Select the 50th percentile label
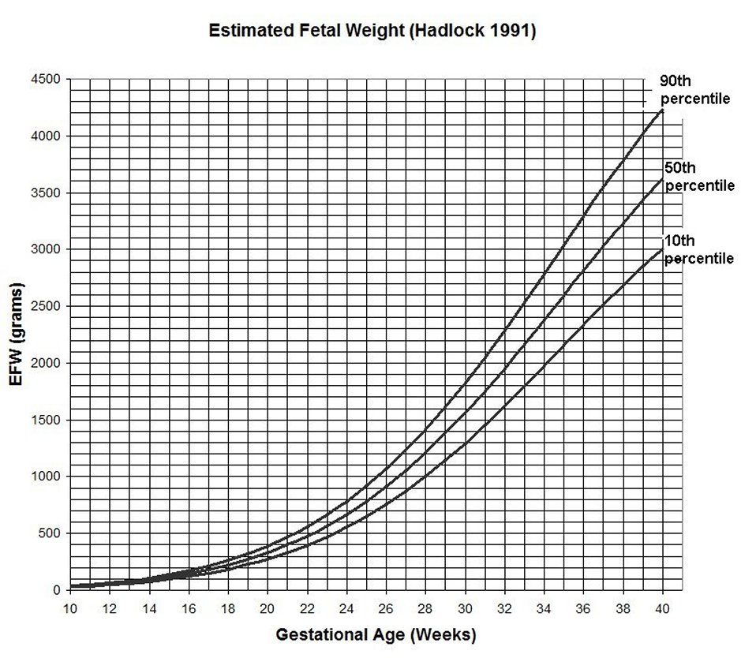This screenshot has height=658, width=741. click(699, 178)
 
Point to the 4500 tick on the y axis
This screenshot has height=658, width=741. click(45, 80)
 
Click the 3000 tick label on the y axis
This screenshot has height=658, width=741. click(45, 249)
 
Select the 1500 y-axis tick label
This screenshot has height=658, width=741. click(45, 420)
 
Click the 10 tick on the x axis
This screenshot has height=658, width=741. click(70, 608)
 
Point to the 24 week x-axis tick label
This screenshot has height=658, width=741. click(346, 608)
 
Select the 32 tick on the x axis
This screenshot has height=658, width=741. click(504, 608)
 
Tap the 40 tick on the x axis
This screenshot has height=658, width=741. click(662, 608)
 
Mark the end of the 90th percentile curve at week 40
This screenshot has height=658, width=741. click(662, 110)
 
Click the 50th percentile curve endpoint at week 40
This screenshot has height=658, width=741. click(662, 179)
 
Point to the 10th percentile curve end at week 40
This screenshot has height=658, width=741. click(662, 249)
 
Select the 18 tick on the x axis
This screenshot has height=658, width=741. click(228, 608)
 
